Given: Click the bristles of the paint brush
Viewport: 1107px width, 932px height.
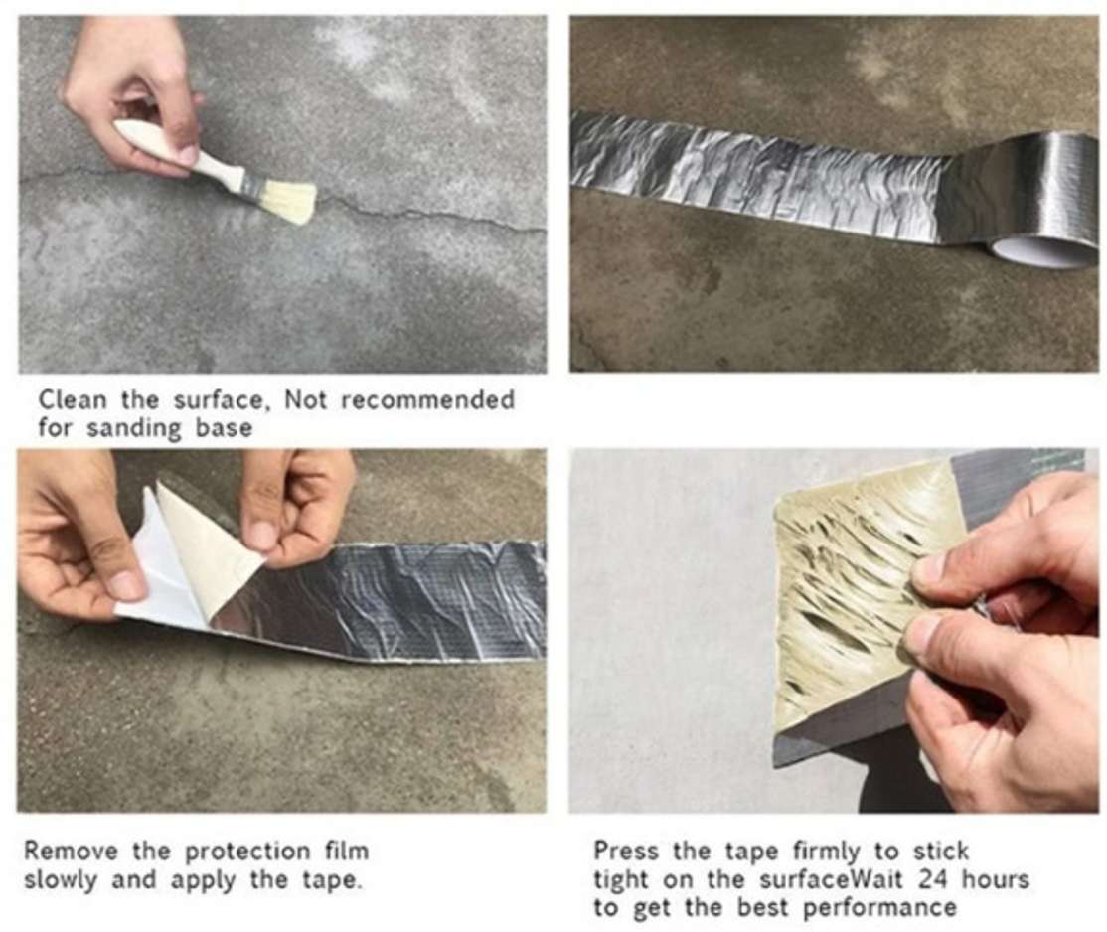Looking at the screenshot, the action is coord(287,201).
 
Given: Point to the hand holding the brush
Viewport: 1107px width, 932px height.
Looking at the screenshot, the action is coord(133,91).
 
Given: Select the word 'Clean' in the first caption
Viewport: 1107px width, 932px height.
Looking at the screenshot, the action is coord(73,399).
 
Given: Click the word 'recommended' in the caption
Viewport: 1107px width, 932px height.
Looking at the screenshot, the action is coord(428,399).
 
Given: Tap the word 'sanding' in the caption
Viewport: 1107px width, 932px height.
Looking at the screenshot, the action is coord(134,428).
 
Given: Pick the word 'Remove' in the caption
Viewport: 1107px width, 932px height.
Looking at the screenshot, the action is coord(71,851).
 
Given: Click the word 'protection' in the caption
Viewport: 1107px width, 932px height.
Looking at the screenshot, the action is coord(247,853).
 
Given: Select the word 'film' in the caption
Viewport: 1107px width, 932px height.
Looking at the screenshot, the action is coord(347,851).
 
